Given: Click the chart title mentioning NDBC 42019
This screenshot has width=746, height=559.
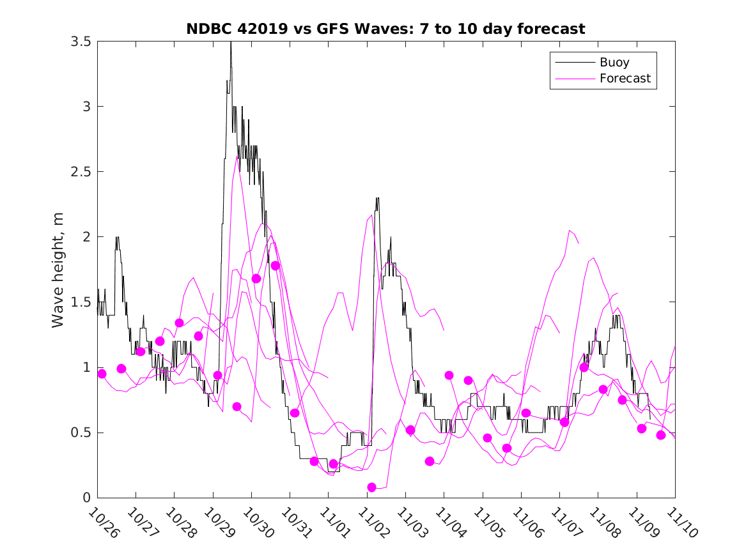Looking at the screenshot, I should click(385, 29).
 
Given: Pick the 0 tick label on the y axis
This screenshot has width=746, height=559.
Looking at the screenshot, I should click(85, 498).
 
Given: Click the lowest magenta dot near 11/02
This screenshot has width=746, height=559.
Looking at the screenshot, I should click(372, 487).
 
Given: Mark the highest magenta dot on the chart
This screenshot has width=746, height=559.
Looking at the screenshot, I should click(276, 266).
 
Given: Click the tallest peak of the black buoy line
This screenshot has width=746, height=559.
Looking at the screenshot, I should click(231, 43).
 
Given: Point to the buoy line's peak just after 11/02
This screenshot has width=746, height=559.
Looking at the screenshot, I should click(377, 198).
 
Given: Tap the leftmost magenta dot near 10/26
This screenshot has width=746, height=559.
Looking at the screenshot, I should click(102, 374).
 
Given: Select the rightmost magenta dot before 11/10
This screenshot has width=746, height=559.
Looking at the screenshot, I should click(661, 435).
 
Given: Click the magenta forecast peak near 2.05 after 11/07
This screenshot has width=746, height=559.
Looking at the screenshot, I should click(570, 231).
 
